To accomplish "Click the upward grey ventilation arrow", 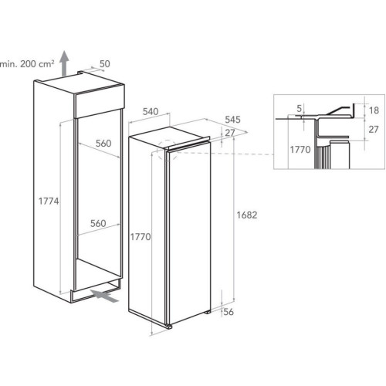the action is click(64, 63).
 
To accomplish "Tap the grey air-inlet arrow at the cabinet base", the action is click(104, 296).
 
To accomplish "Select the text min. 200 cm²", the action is click(27, 64).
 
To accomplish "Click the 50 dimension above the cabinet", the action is click(105, 64).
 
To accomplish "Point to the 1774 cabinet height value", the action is click(49, 201).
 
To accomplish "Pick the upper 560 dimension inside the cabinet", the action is click(103, 144).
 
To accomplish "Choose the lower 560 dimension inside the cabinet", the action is click(98, 223).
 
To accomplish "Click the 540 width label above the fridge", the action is click(151, 112).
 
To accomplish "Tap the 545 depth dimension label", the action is click(232, 120).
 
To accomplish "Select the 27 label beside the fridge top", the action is click(230, 133).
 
